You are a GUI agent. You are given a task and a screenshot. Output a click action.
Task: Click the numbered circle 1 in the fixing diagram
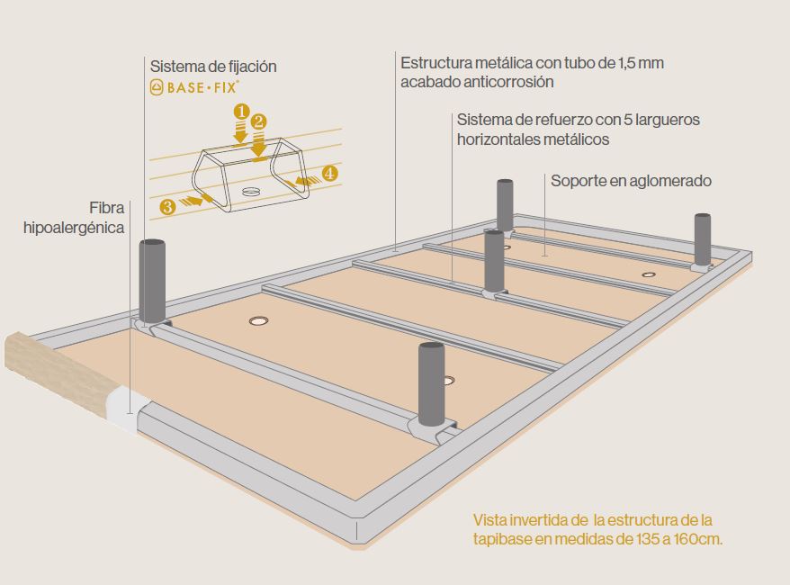pyautogui.click(x=240, y=111)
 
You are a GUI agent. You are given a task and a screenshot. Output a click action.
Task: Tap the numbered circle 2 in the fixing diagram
pyautogui.click(x=258, y=121)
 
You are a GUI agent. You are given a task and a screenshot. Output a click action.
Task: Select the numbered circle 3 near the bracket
pyautogui.click(x=167, y=207)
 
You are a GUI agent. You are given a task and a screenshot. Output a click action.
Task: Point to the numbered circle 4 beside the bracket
pyautogui.click(x=330, y=174)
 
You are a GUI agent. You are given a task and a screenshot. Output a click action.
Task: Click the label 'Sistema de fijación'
pyautogui.click(x=213, y=67)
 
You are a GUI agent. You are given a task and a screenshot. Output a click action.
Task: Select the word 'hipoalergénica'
pyautogui.click(x=74, y=229)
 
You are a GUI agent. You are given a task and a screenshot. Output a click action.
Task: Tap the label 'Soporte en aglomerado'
pyautogui.click(x=631, y=181)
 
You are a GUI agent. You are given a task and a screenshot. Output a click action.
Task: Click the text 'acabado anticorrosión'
pyautogui.click(x=477, y=82)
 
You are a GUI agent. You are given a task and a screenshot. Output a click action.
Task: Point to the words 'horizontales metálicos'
pyautogui.click(x=533, y=139)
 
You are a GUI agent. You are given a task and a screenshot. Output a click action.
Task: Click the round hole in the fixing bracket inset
pyautogui.click(x=251, y=192)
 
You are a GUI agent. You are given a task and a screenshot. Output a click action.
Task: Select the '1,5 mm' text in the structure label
pyautogui.click(x=642, y=63)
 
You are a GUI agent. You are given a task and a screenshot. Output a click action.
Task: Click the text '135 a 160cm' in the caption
pyautogui.click(x=669, y=540)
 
